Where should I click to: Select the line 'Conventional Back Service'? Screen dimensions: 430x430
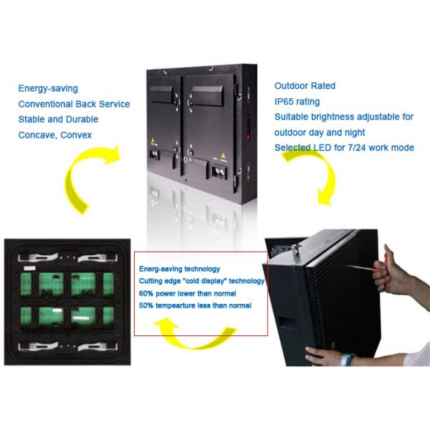click(x=74, y=104)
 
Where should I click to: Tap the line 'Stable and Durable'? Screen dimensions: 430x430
click(x=58, y=119)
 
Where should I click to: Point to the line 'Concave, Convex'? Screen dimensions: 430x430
click(x=55, y=135)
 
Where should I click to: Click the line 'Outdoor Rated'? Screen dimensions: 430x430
click(x=305, y=86)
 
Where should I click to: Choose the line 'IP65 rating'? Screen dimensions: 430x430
click(x=297, y=102)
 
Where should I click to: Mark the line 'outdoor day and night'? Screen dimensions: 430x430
click(x=320, y=133)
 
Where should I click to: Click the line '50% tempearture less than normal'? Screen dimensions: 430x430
click(x=196, y=306)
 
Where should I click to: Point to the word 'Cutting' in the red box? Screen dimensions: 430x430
click(x=153, y=281)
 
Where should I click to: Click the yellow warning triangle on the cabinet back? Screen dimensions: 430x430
click(x=222, y=154)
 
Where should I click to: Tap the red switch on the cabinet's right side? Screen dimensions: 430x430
click(x=248, y=133)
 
